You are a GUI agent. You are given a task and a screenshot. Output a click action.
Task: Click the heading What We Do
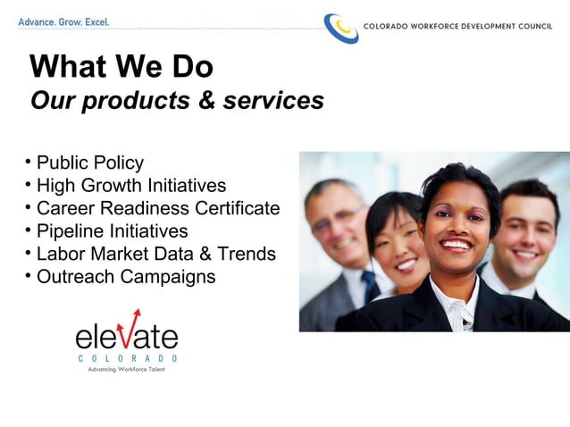(122, 67)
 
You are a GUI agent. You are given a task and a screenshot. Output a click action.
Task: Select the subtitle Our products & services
(177, 101)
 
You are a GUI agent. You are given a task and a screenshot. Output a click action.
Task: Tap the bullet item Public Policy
(89, 163)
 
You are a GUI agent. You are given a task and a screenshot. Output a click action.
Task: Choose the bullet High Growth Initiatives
(130, 186)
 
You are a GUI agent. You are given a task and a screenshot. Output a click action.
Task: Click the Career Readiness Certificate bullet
(157, 208)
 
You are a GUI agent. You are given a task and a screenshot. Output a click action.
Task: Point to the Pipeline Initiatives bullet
(112, 231)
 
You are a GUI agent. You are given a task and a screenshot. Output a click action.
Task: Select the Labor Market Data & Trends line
(155, 254)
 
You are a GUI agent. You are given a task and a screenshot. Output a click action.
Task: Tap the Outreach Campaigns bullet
(125, 277)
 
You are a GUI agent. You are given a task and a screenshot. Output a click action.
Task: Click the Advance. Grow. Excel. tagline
(63, 21)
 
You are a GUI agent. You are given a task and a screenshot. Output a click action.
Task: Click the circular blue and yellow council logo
(340, 28)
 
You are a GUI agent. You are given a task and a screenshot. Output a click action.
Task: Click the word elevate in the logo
(126, 337)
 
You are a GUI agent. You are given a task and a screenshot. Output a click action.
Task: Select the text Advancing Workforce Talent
(126, 369)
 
